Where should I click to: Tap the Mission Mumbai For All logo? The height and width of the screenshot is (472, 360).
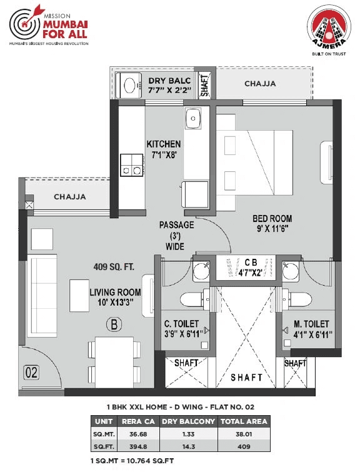coord(49,28)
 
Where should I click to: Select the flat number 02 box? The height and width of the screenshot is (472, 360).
coord(31,373)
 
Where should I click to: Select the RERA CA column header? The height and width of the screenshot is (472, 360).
coord(139,421)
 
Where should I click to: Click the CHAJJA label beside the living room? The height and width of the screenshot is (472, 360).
coord(70,197)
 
